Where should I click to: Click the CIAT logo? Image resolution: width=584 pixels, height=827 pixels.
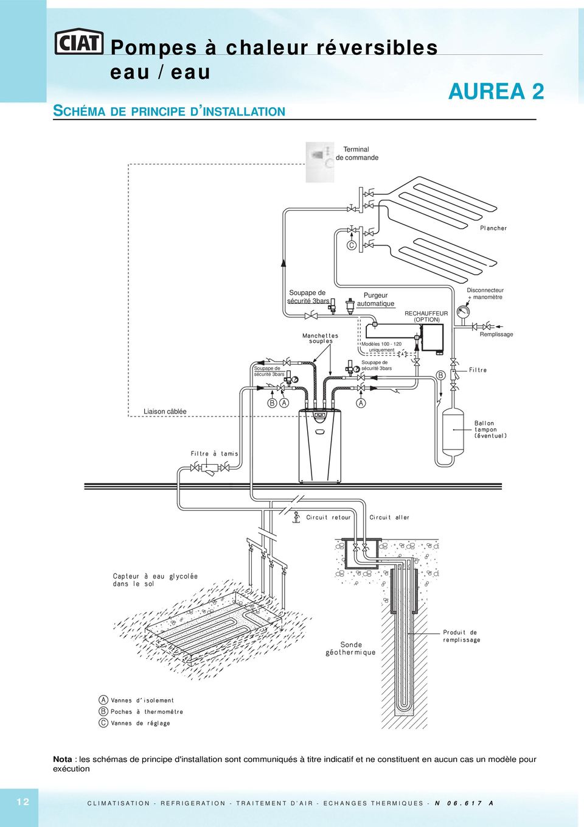coord(79,43)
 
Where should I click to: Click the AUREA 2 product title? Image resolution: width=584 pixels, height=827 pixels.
coord(496,91)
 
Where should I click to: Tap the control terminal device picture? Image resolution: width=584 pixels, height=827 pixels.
coord(319,162)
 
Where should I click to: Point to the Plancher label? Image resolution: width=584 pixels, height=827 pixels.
coord(493,228)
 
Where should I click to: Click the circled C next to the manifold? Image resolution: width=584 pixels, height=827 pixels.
coord(352,245)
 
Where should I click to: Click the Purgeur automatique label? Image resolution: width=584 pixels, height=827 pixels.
coord(376,300)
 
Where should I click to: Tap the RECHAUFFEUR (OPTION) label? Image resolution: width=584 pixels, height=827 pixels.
coord(426,317)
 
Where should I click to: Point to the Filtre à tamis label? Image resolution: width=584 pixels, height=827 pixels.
coord(214,454)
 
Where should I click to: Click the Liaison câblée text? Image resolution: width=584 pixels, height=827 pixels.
coord(165,411)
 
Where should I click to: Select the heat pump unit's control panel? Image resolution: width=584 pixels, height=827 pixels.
coord(319,417)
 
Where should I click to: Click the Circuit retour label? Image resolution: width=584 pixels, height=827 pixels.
coord(328,517)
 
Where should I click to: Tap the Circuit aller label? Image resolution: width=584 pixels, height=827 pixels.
coord(389,517)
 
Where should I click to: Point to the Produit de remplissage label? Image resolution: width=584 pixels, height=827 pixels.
coord(462,636)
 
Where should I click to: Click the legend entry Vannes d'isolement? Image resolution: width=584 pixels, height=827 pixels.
coord(136,700)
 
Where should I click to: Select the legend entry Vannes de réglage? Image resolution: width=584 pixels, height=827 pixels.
coord(134,723)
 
